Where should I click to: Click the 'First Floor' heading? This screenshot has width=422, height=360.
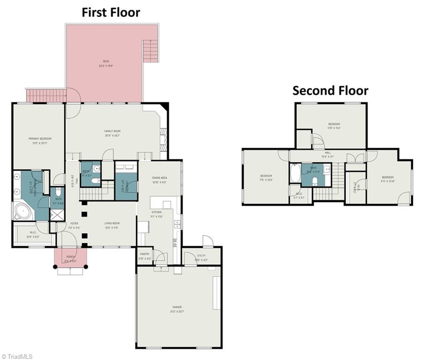pyautogui.click(x=111, y=12)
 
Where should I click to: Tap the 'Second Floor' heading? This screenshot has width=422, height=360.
pyautogui.click(x=330, y=90)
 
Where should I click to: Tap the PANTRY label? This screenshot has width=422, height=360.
pyautogui.click(x=145, y=255)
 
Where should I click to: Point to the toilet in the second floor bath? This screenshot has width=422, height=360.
pyautogui.click(x=315, y=181)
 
